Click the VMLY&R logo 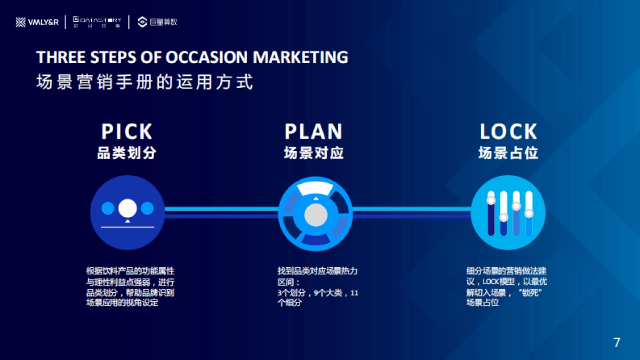(37, 22)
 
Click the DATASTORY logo (97, 22)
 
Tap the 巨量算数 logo (157, 22)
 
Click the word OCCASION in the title (206, 57)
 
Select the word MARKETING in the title (301, 57)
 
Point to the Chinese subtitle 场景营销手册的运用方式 (145, 82)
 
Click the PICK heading (127, 131)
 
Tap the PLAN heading (314, 131)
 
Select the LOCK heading (508, 131)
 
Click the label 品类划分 (127, 153)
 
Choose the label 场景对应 (314, 153)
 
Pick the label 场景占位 (508, 153)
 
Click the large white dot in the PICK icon (127, 208)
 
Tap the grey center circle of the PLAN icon (316, 215)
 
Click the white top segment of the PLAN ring (315, 189)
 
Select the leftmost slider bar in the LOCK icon (491, 213)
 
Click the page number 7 (617, 342)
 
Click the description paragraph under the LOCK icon (507, 286)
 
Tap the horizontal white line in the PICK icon (127, 227)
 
